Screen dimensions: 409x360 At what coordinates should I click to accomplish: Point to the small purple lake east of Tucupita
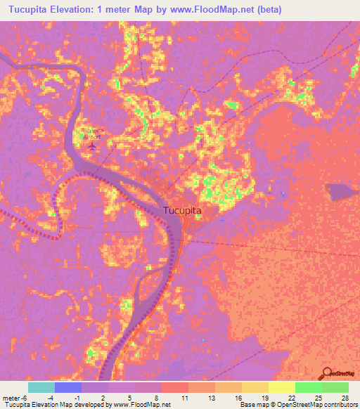341,190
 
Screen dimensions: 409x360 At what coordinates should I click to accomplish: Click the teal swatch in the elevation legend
41,387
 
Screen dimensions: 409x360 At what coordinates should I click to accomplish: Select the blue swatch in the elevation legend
68,387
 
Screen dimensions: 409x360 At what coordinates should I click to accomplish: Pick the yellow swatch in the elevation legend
281,387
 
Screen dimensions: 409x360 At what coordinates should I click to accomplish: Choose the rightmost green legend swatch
335,387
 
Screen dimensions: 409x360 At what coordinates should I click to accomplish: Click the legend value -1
77,398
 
